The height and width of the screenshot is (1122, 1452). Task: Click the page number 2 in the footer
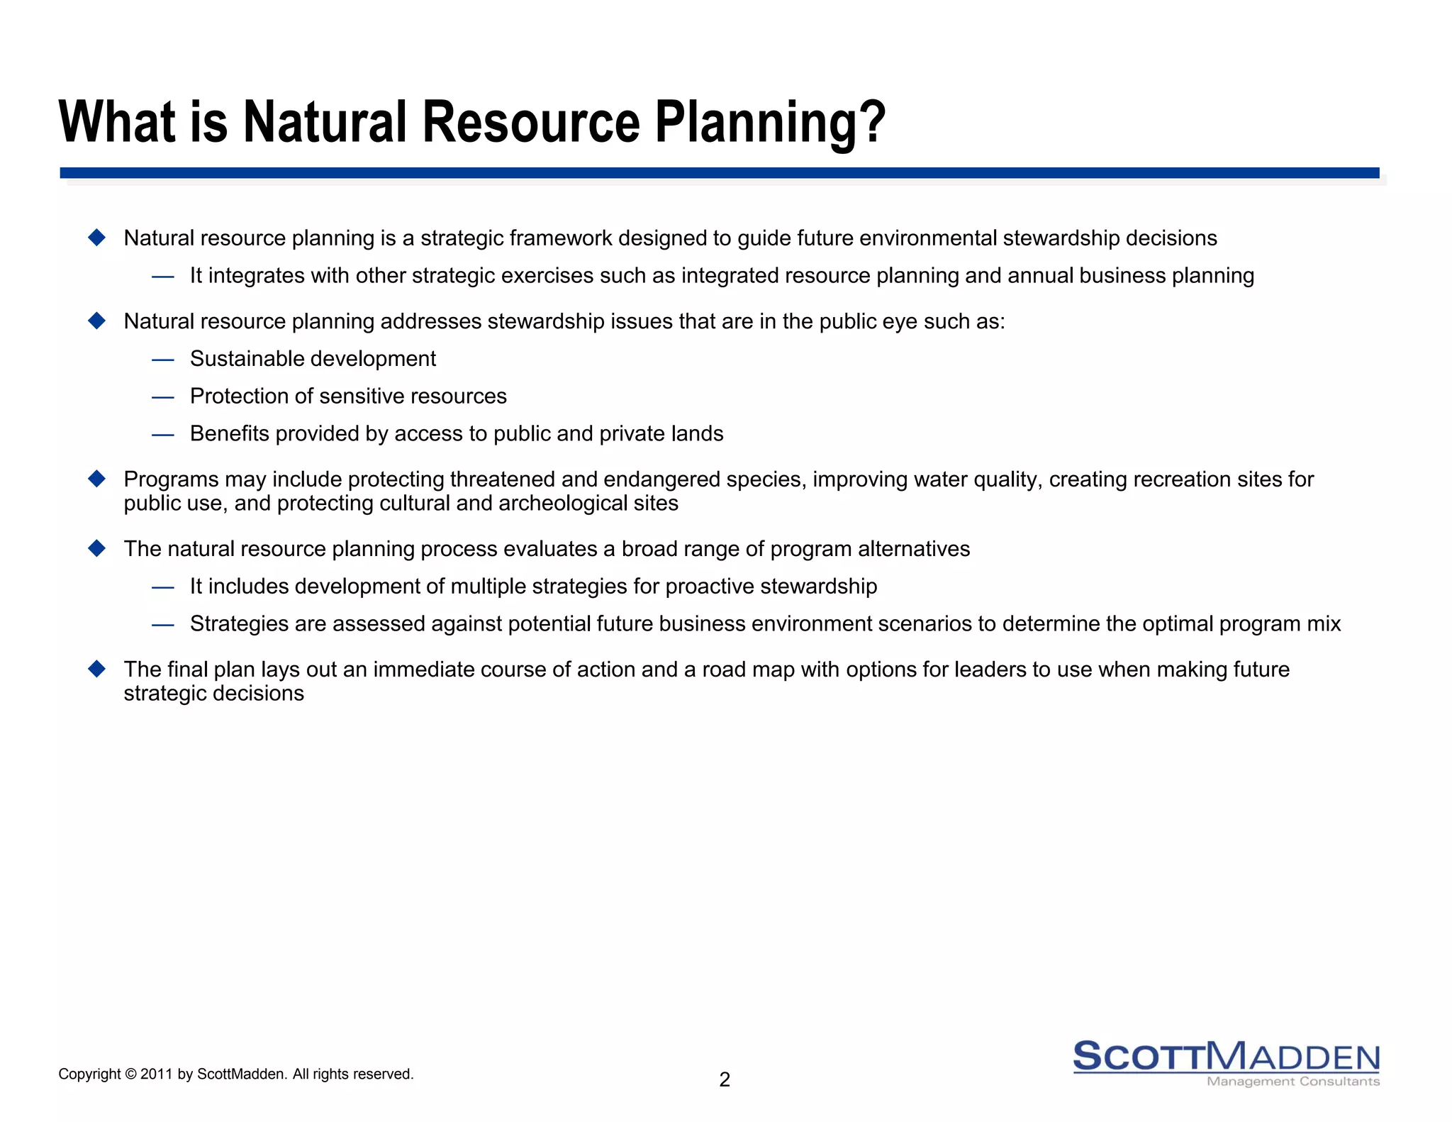tap(724, 1079)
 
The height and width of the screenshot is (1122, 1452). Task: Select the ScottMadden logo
tap(1226, 1057)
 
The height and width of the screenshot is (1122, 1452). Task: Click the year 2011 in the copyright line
tap(157, 1074)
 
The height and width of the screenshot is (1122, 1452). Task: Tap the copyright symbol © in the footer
tap(130, 1074)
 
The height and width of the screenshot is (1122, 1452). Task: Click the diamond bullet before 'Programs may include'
tap(97, 479)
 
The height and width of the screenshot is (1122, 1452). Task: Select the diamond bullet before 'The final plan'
tap(97, 669)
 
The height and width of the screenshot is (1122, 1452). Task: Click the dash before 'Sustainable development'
tap(162, 360)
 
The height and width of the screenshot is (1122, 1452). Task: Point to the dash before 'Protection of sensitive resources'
tap(162, 397)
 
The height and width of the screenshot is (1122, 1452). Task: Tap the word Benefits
tap(229, 433)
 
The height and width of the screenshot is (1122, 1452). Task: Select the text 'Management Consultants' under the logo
tap(1292, 1082)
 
